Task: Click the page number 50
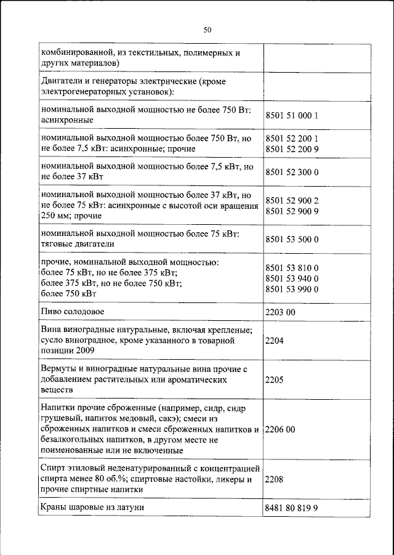(x=207, y=29)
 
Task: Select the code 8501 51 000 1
(x=291, y=115)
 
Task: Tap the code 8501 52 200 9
(x=291, y=148)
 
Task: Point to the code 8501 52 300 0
(x=291, y=172)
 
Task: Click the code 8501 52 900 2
(x=291, y=200)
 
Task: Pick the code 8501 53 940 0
(x=291, y=278)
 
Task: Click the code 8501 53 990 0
(x=291, y=289)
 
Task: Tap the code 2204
(x=275, y=340)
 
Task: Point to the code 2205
(x=275, y=379)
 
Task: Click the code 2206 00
(x=280, y=429)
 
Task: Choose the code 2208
(x=275, y=479)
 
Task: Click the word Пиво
(x=51, y=312)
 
